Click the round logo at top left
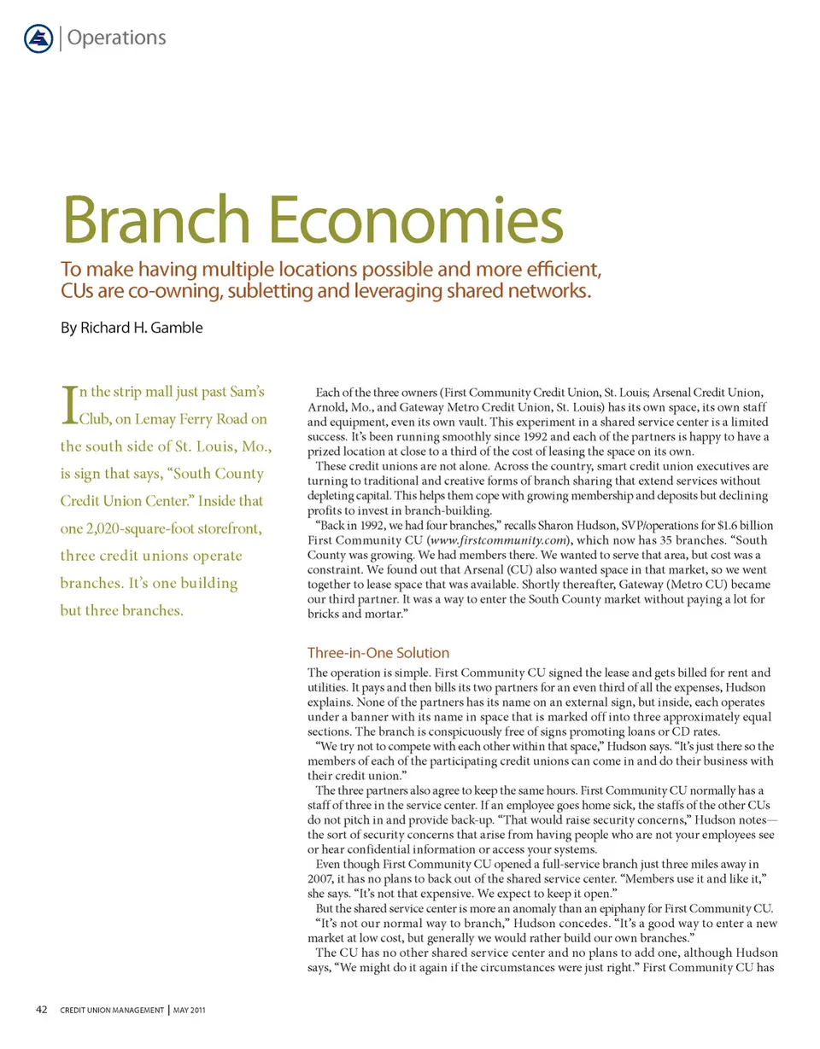coord(38,38)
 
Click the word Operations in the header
coord(116,38)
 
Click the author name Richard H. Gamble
coord(143,328)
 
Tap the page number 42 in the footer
coord(42,1011)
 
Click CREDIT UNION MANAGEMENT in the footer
coord(111,1011)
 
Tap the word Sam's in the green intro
coord(247,393)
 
